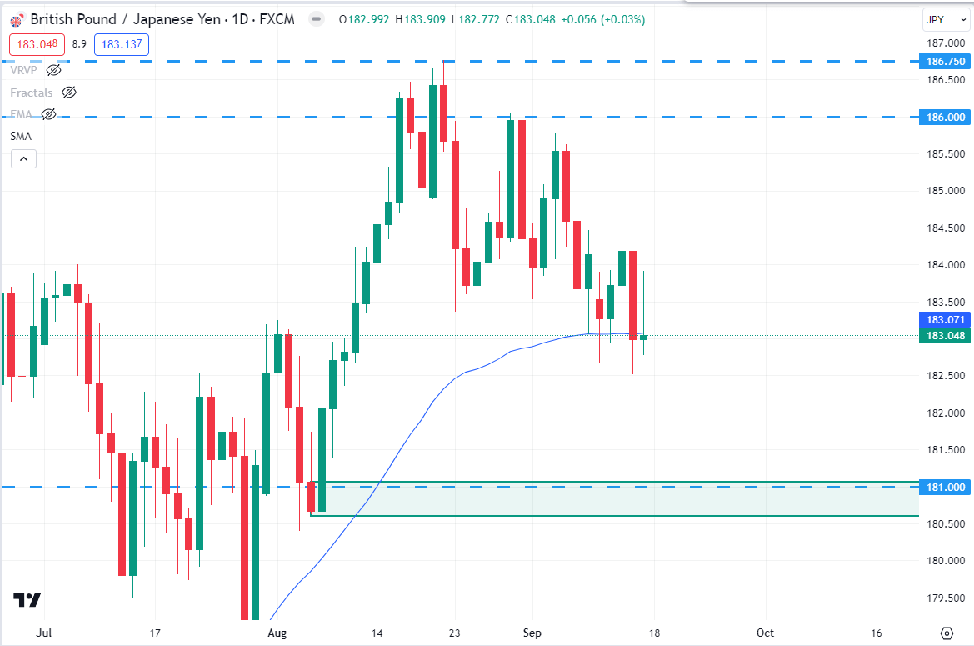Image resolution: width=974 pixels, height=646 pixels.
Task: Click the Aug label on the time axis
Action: click(277, 633)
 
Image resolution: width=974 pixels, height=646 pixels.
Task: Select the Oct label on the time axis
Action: click(766, 633)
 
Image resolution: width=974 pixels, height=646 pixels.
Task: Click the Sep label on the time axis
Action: click(532, 633)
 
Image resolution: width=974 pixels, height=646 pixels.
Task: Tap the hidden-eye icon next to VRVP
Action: click(54, 70)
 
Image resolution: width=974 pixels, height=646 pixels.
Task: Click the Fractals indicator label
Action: click(32, 93)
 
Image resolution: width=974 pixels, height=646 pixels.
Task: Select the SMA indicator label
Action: click(21, 136)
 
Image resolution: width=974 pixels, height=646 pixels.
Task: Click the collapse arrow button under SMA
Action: click(23, 158)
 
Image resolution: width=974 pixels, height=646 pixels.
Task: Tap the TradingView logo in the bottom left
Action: click(27, 600)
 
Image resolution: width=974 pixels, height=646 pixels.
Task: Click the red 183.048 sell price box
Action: click(37, 45)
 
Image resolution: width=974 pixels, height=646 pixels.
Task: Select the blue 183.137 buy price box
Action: click(122, 45)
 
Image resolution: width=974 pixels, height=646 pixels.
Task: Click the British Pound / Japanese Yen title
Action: click(120, 19)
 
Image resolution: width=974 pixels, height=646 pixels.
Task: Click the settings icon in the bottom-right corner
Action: click(946, 633)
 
